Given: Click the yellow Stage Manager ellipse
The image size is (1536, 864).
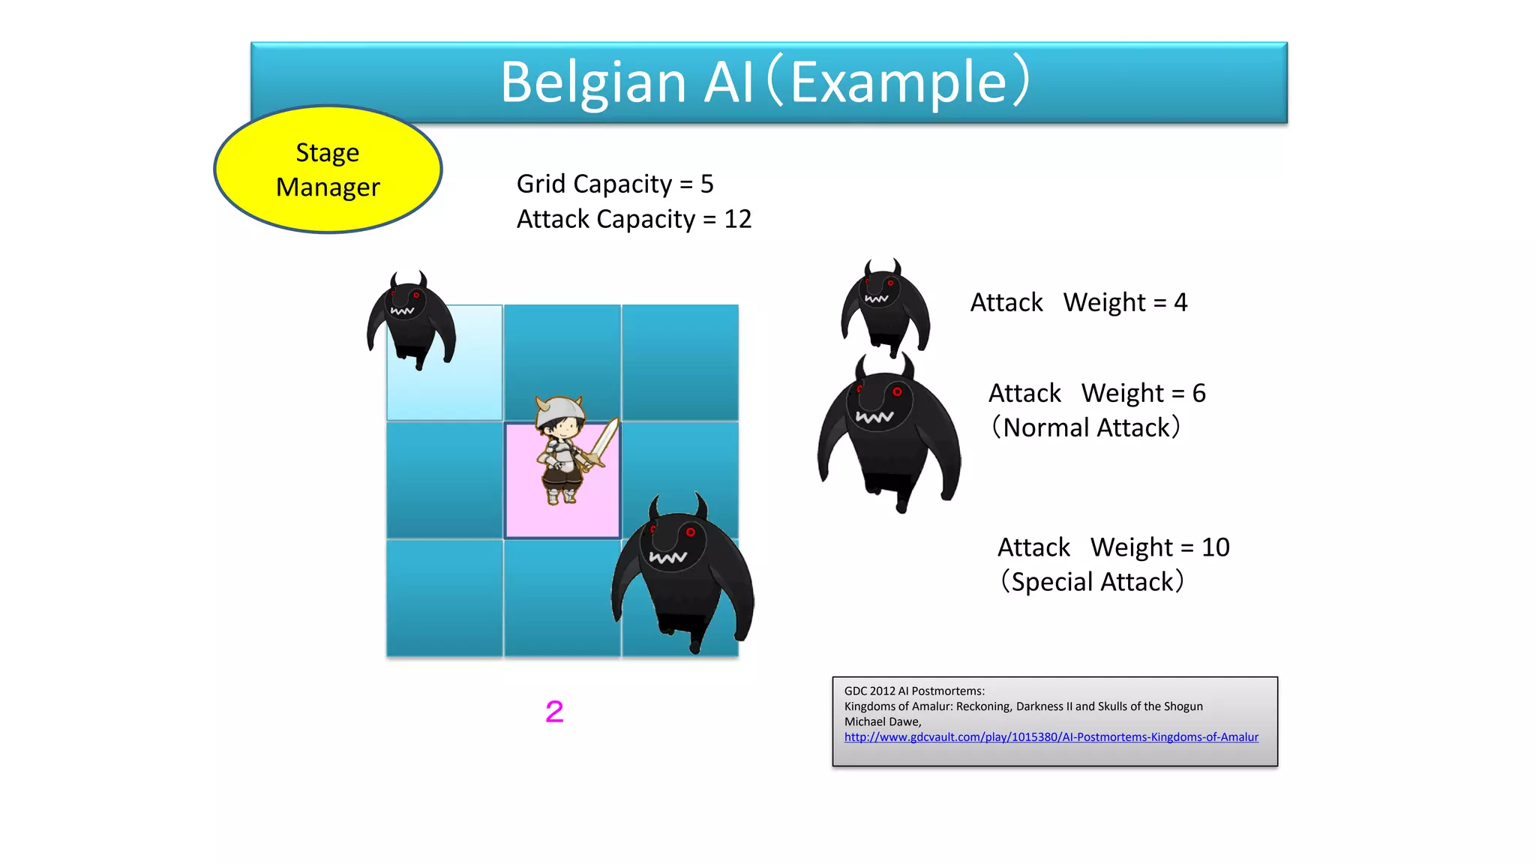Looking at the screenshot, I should pos(328,169).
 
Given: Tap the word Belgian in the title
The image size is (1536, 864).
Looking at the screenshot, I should pos(592,82).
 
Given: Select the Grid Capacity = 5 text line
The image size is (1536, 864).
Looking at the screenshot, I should pos(615,184).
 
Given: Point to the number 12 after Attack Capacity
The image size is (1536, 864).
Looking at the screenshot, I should pos(737,219).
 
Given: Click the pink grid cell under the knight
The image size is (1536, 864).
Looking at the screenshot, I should pos(525,517).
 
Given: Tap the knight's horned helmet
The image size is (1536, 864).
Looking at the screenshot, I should pos(559,409).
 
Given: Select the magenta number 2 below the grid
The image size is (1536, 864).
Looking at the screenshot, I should pos(554,711).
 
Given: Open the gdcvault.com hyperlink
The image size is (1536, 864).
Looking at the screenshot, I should pos(1051,737).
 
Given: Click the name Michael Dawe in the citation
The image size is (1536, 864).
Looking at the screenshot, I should pos(882,721).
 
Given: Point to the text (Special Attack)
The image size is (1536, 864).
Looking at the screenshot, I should pos(1092,582).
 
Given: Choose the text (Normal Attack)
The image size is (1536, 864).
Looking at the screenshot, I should pos(1085,427).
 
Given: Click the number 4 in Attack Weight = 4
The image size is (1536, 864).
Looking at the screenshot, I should pos(1180,302).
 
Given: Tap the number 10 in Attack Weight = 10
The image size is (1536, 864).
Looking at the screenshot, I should pos(1215,547).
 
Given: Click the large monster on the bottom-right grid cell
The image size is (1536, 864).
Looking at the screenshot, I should pos(682,574).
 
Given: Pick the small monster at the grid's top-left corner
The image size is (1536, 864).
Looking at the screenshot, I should pos(410,319).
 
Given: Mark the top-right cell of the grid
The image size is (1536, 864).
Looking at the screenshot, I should pos(680,362).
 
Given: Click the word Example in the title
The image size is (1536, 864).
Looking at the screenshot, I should pos(898,82).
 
